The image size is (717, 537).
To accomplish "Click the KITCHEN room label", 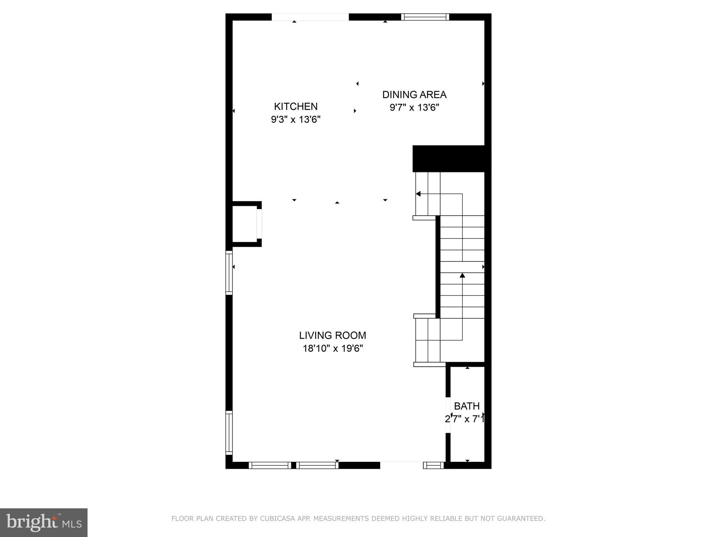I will click(295, 106).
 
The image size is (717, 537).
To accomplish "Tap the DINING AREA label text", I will click(414, 95).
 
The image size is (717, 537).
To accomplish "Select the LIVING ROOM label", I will click(332, 335).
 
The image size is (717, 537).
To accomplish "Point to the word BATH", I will click(467, 406).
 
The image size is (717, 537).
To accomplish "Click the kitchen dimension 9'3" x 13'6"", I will click(295, 120).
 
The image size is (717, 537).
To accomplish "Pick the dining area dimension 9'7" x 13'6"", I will click(414, 107).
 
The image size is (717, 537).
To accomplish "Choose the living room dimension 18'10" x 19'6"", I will click(332, 349).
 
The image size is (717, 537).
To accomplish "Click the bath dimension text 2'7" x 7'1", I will click(465, 419).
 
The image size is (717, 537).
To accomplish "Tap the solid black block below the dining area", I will click(448, 159).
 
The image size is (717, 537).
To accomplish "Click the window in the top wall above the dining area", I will click(425, 17).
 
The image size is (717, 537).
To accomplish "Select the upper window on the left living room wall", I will click(229, 273).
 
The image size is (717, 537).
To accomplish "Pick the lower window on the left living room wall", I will click(229, 433).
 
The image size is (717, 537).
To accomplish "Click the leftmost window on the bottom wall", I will click(270, 465).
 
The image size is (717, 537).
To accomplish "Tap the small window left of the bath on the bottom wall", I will click(433, 465).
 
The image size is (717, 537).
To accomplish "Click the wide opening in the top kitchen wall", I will click(310, 17).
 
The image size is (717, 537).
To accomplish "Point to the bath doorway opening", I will click(448, 415).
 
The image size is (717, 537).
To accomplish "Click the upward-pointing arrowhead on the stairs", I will click(462, 275).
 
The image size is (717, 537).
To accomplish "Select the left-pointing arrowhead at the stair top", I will click(418, 194).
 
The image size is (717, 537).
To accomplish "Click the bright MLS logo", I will click(44, 522).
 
